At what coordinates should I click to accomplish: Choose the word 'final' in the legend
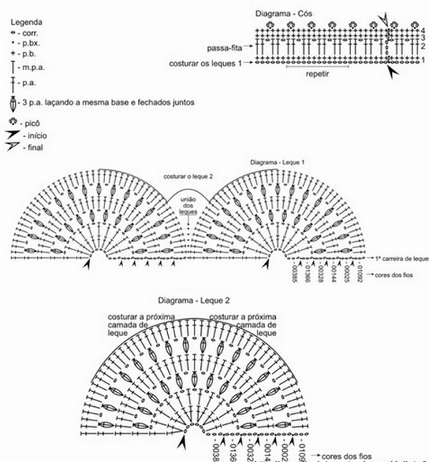pyautogui.click(x=34, y=147)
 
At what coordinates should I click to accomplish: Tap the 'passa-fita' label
pyautogui.click(x=224, y=48)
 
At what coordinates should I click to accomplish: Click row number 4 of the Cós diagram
pyautogui.click(x=423, y=29)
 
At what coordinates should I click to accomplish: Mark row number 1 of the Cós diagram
pyautogui.click(x=423, y=62)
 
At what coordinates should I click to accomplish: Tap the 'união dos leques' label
pyautogui.click(x=188, y=207)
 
